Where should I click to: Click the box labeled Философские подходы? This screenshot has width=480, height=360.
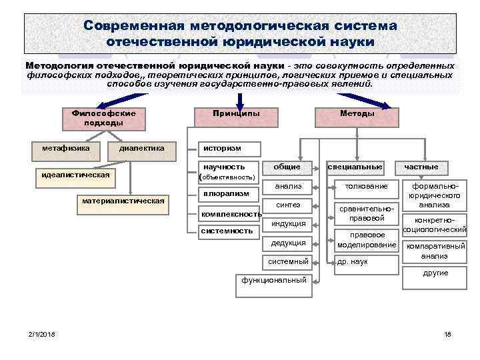tap(103, 118)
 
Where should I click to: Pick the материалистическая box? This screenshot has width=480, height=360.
tap(123, 202)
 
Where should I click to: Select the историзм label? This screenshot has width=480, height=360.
tap(223, 148)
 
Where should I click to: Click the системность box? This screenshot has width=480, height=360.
tap(227, 231)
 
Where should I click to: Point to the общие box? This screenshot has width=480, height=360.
tap(287, 167)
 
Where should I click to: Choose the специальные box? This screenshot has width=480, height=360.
tap(355, 167)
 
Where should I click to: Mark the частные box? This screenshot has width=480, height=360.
tap(421, 167)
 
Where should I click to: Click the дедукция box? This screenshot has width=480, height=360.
tap(288, 243)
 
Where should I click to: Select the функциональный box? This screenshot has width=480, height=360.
tap(274, 280)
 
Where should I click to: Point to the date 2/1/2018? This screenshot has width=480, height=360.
tap(42, 333)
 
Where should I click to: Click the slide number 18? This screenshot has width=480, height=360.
tap(447, 333)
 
